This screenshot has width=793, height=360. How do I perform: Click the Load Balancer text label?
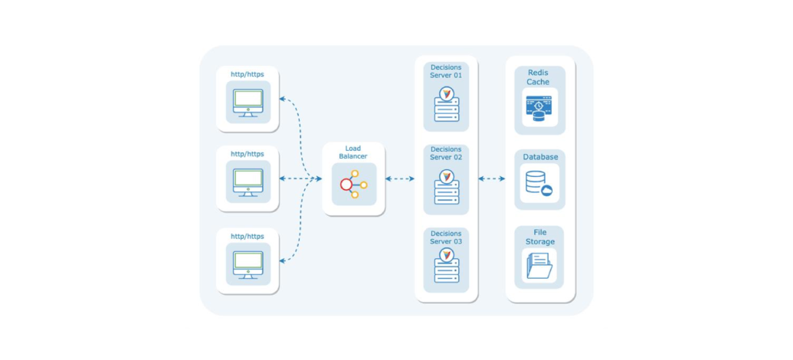tap(353, 152)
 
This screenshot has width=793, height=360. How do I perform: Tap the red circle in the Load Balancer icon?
tap(346, 185)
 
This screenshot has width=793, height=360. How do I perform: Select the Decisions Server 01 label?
tap(446, 71)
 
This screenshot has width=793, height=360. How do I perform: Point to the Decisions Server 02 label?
tap(446, 152)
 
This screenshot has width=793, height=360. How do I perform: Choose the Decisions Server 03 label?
tap(446, 237)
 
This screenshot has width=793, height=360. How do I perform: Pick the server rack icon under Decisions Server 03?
tap(446, 269)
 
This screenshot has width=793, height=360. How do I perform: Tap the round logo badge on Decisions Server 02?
tap(446, 176)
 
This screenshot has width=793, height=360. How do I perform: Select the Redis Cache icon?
tap(539, 108)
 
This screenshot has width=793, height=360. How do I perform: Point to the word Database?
tap(540, 157)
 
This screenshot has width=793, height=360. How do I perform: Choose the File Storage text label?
tap(539, 237)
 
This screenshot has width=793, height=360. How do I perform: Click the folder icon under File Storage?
tap(539, 267)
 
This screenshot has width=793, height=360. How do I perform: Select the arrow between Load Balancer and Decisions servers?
tap(399, 178)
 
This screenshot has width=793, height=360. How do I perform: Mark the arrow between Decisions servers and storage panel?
tap(491, 178)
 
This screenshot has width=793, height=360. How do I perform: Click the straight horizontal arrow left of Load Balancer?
tap(300, 178)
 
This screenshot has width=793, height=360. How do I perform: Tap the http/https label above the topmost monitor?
tap(247, 74)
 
